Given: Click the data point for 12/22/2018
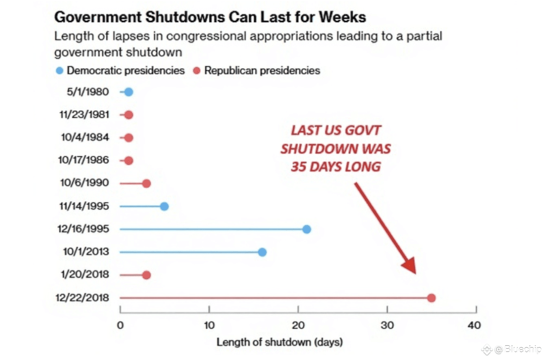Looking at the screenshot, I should (431, 298).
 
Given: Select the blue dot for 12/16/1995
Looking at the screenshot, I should (307, 229).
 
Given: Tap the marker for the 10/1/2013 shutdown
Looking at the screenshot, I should (262, 252).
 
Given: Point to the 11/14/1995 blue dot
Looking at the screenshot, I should (164, 206).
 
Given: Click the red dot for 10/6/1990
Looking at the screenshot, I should (146, 184).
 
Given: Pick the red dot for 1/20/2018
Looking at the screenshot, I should (146, 275).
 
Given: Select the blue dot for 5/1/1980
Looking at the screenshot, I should (129, 92).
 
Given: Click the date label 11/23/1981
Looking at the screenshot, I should (84, 115).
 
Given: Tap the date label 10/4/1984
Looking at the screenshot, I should (85, 137).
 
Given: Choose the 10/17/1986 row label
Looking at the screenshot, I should (84, 160).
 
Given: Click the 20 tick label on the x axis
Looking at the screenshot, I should (298, 325).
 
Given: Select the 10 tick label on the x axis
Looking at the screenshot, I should (209, 325).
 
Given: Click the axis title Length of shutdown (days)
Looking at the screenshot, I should (279, 342).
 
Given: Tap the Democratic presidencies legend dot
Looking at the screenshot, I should (60, 71).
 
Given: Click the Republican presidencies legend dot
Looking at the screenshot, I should (197, 71).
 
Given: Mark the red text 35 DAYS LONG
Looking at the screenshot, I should (336, 166).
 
